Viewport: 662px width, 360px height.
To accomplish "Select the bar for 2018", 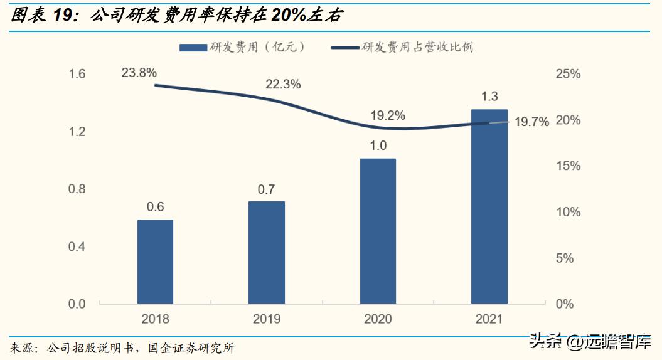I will [x=155, y=262].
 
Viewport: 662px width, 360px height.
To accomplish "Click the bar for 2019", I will [x=267, y=252].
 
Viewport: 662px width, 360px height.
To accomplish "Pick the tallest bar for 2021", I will [x=489, y=206].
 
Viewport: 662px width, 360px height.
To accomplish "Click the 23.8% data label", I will [x=139, y=73].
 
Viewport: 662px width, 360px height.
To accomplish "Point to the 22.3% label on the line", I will [x=283, y=84].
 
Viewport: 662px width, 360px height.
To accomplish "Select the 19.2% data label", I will [x=387, y=115].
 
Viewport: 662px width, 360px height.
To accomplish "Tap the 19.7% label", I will [x=531, y=122].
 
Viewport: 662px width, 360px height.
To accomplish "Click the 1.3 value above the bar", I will [x=489, y=97].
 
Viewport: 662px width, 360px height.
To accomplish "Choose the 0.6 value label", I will [x=155, y=207].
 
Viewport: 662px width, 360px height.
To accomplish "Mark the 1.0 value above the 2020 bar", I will [x=378, y=146].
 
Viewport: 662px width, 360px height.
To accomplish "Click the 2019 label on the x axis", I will [x=267, y=319].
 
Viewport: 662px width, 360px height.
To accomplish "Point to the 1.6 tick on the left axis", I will [x=77, y=74].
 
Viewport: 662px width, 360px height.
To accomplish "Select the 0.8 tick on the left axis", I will [x=77, y=189].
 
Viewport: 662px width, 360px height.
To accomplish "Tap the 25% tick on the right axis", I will [x=569, y=74].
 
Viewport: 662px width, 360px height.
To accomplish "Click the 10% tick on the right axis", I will [x=569, y=212].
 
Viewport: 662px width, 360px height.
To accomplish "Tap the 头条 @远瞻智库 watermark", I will [x=590, y=342].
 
